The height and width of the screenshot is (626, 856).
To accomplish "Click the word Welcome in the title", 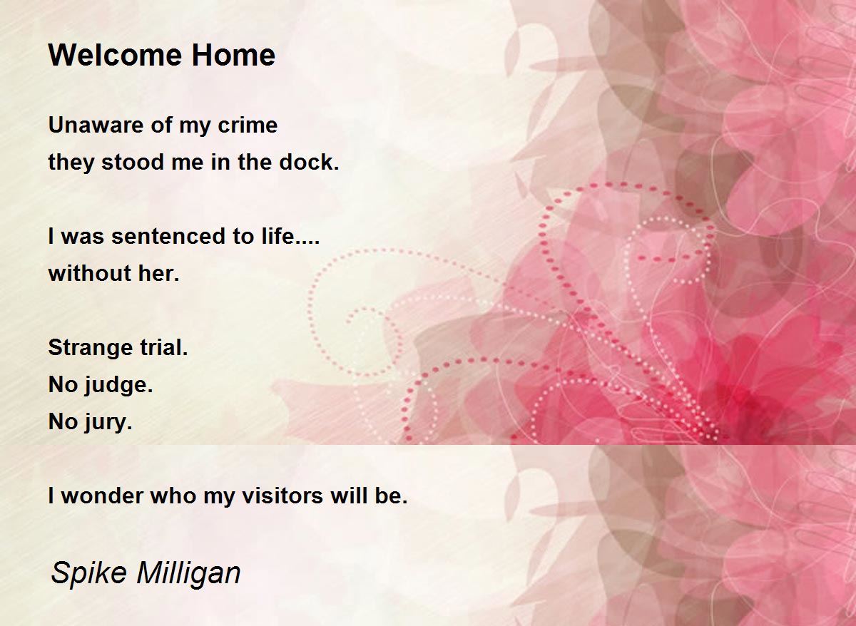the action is tap(116, 55).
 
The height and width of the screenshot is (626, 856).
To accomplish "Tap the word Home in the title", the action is tap(233, 55).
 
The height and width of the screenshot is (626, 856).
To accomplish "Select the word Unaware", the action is tap(96, 125).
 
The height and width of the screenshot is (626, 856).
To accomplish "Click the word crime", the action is tap(248, 125).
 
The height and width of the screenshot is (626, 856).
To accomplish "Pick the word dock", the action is tap(309, 162).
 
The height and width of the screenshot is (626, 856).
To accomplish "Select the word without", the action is tap(90, 273).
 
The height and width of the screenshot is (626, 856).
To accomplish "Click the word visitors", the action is tap(282, 496).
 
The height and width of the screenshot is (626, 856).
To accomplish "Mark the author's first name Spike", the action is tap(88, 573).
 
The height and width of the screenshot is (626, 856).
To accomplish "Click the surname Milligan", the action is tap(188, 573).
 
